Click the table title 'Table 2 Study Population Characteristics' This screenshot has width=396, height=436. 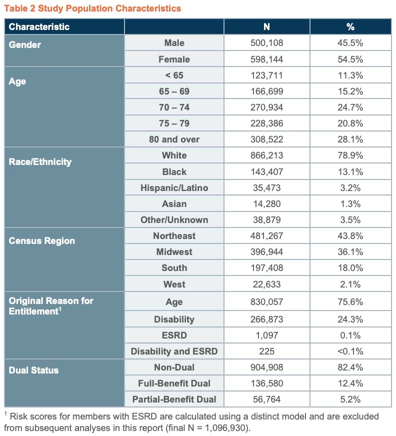click(92, 8)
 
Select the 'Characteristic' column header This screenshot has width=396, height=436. click(39, 26)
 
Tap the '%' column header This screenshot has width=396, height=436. click(350, 26)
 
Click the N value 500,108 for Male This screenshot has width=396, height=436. click(266, 43)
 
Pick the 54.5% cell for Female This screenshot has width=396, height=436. click(350, 59)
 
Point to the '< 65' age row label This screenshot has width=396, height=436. click(174, 75)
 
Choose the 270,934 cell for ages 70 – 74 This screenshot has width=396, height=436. click(266, 107)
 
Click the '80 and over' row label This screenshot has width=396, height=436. click(174, 139)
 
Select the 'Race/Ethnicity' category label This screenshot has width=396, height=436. click(40, 161)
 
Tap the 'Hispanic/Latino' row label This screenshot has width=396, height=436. click(174, 188)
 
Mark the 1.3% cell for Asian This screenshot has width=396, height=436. click(350, 204)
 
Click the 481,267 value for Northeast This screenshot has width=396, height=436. click(266, 236)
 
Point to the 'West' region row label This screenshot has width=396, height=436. click(174, 284)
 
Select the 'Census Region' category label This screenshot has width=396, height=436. click(41, 241)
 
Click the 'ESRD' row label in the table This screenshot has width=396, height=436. click(174, 335)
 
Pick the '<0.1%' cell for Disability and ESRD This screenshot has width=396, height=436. click(350, 351)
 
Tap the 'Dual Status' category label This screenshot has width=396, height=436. click(33, 370)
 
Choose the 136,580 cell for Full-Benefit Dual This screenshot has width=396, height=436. click(266, 383)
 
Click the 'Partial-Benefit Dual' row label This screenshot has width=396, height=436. click(174, 399)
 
